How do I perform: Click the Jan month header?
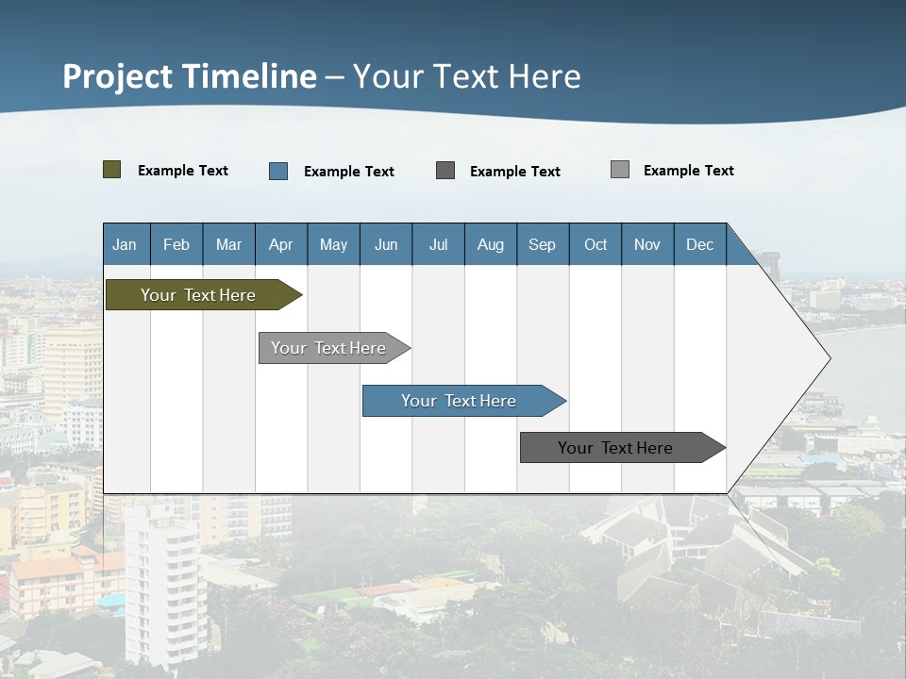126,244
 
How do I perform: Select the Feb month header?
176,244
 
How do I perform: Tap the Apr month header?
281,244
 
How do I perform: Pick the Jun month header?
386,244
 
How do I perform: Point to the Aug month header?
491,244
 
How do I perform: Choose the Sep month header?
543,244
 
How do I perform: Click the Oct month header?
596,244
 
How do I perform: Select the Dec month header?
700,244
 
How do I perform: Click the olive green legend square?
112,170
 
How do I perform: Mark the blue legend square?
278,171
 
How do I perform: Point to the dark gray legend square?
445,171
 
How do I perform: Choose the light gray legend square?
620,170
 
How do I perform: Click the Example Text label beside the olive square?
183,171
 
